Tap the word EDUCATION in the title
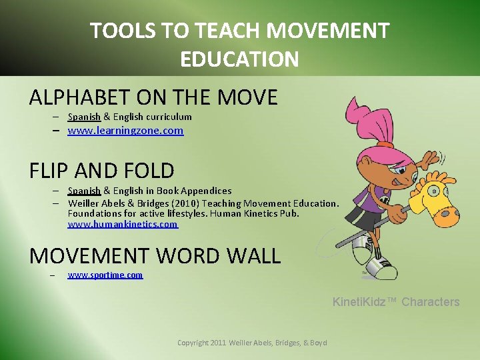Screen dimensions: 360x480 click(x=239, y=59)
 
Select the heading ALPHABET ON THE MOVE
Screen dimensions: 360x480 click(x=153, y=97)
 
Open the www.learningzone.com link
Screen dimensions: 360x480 click(x=125, y=131)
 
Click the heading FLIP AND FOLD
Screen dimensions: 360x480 click(x=102, y=171)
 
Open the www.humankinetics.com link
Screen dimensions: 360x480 click(x=123, y=224)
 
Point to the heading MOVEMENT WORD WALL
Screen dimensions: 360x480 click(x=155, y=255)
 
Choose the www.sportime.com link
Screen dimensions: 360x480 click(x=105, y=275)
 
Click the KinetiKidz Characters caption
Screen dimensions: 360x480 click(x=396, y=302)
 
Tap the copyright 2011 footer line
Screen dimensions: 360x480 click(x=252, y=343)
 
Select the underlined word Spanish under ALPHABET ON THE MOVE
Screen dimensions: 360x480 click(x=84, y=117)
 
